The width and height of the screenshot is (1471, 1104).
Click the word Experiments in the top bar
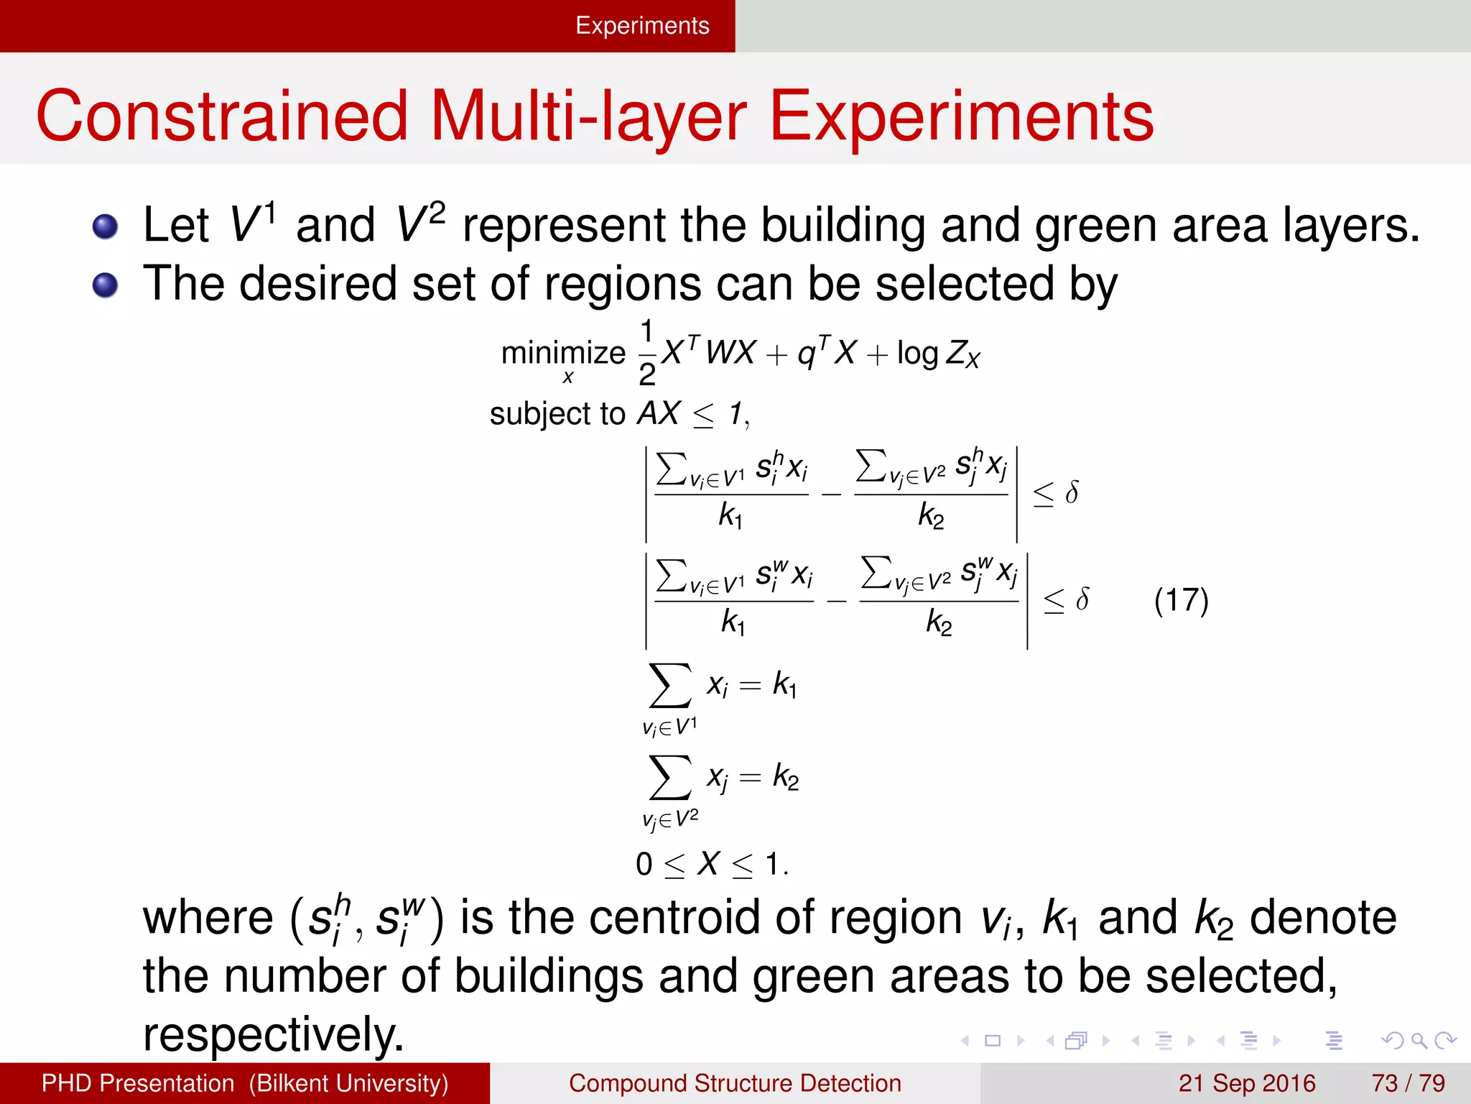[x=642, y=26]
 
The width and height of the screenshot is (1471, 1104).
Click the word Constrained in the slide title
[x=222, y=117]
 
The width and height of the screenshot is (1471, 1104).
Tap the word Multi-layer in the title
[x=589, y=117]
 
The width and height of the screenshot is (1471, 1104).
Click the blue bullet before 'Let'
[x=106, y=227]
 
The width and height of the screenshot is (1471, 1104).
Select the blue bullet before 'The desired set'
[x=106, y=285]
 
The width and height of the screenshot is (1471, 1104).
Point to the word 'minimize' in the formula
[x=563, y=354]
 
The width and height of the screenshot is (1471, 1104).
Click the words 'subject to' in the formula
[x=557, y=414]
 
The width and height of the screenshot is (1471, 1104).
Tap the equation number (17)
[x=1181, y=600]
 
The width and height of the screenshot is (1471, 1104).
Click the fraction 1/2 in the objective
[x=647, y=353]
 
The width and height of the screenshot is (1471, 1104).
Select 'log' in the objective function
[x=917, y=354]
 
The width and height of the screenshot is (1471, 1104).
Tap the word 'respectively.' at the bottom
[x=274, y=1034]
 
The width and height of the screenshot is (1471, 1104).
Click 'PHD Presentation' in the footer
[x=138, y=1083]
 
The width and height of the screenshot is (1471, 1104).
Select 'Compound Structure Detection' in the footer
[x=735, y=1083]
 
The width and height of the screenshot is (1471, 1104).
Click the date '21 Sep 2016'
[x=1246, y=1083]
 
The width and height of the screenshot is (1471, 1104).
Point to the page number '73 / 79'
[x=1408, y=1083]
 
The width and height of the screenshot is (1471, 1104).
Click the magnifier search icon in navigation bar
[x=1419, y=1040]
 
